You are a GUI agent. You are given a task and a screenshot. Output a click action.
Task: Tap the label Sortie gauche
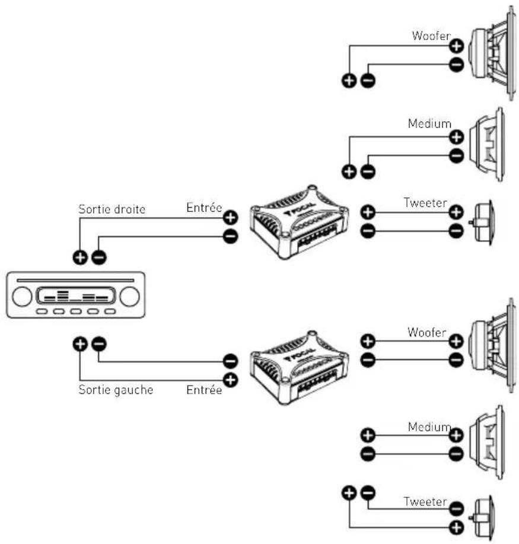coord(116,390)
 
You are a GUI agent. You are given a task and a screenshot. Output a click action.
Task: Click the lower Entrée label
coord(203,390)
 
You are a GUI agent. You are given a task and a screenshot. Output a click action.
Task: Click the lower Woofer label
coord(426,332)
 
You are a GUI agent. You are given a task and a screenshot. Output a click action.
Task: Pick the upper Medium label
coord(429,124)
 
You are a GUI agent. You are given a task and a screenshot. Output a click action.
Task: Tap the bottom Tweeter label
coord(425,501)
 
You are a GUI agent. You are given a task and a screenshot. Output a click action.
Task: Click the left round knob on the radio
coord(23,297)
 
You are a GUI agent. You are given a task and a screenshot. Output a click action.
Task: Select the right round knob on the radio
coord(128,297)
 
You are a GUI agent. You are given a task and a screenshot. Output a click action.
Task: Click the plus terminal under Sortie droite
coord(79,257)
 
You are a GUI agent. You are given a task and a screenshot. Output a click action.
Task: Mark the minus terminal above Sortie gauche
coord(99,343)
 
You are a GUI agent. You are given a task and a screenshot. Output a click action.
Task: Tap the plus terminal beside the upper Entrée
coord(230,217)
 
